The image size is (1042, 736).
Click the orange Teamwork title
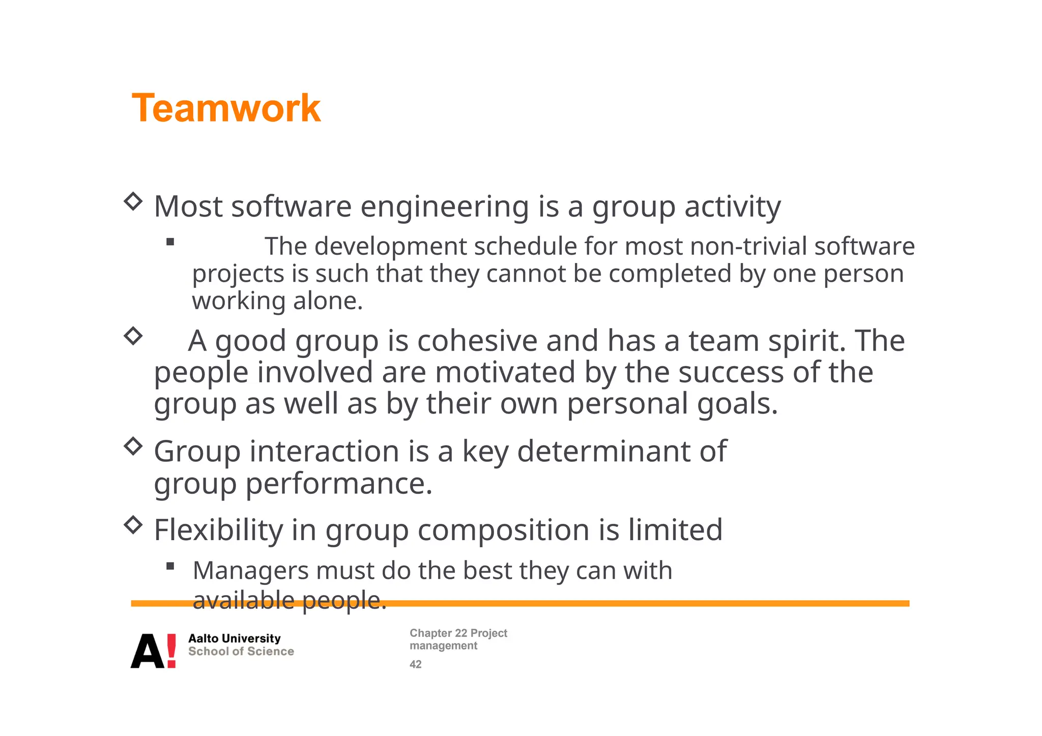226,108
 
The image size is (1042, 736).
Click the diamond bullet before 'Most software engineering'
133,201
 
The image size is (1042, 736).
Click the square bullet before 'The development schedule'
170,242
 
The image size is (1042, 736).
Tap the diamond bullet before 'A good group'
133,336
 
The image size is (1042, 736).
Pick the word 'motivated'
505,372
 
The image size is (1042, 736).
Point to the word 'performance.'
339,484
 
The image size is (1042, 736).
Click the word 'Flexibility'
218,530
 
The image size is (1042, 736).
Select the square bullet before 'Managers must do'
170,566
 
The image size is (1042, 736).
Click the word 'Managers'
250,571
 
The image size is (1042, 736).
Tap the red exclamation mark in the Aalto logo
171,651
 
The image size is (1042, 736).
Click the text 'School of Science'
241,652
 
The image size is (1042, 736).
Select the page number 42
416,664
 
